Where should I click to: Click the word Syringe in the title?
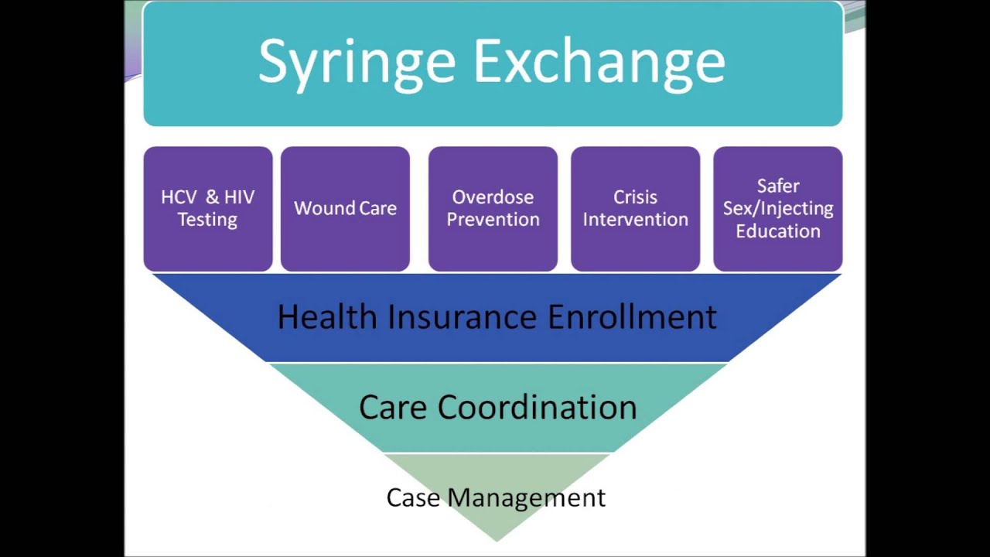click(x=357, y=62)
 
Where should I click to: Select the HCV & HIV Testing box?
click(x=207, y=209)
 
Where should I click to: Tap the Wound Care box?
click(x=345, y=209)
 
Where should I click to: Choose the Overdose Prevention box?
click(x=493, y=209)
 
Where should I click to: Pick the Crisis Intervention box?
click(x=635, y=209)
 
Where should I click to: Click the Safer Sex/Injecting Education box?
click(x=777, y=209)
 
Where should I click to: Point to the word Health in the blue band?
click(x=327, y=317)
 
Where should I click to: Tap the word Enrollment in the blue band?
click(x=632, y=317)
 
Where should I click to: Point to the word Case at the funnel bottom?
click(x=414, y=497)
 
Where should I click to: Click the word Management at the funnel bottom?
click(x=527, y=497)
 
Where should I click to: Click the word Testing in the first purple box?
click(x=207, y=220)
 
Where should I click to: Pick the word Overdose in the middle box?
click(x=493, y=197)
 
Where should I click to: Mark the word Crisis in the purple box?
click(x=635, y=197)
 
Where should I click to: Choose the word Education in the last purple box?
click(x=777, y=231)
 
